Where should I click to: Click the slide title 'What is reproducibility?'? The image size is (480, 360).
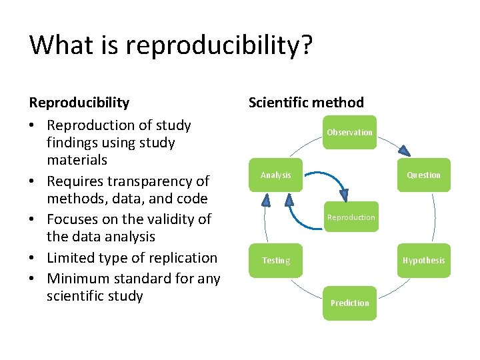click(171, 45)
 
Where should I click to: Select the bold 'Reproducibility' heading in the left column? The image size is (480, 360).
click(79, 102)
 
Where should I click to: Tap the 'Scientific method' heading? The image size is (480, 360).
click(306, 102)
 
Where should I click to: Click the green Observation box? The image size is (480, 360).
click(349, 132)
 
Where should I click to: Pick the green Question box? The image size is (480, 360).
click(423, 175)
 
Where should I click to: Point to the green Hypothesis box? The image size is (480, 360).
click(423, 260)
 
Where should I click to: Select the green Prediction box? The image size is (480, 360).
click(349, 303)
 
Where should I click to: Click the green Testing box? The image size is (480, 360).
click(275, 260)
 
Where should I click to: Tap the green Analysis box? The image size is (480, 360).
click(275, 175)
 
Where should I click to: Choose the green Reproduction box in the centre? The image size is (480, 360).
click(351, 217)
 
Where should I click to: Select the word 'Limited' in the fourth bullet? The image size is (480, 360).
click(73, 257)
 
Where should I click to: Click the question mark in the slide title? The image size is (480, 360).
click(306, 45)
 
